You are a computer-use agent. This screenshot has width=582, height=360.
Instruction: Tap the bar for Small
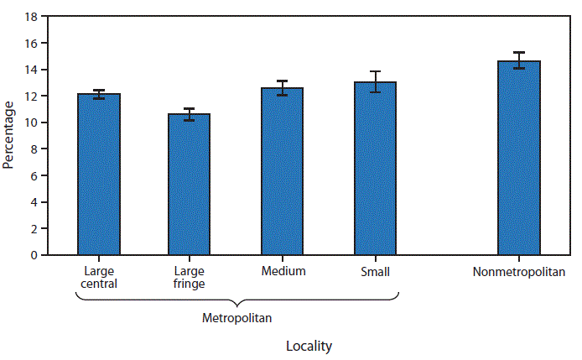tap(375, 168)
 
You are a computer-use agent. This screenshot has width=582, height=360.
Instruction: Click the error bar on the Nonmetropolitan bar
tap(519, 60)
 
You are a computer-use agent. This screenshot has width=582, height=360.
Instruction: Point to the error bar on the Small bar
tap(375, 81)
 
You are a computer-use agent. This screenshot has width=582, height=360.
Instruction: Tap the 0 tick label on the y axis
tap(33, 255)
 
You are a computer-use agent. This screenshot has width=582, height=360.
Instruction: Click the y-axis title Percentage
tap(9, 135)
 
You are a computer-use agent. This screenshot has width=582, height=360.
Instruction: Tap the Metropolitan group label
tap(237, 318)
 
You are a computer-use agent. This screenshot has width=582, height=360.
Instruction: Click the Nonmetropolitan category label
tap(519, 272)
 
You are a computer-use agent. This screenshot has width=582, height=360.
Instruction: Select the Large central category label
tap(100, 277)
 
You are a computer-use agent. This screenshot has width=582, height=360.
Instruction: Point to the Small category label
tap(375, 271)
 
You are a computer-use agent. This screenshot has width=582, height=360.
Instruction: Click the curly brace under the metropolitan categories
tap(237, 300)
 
